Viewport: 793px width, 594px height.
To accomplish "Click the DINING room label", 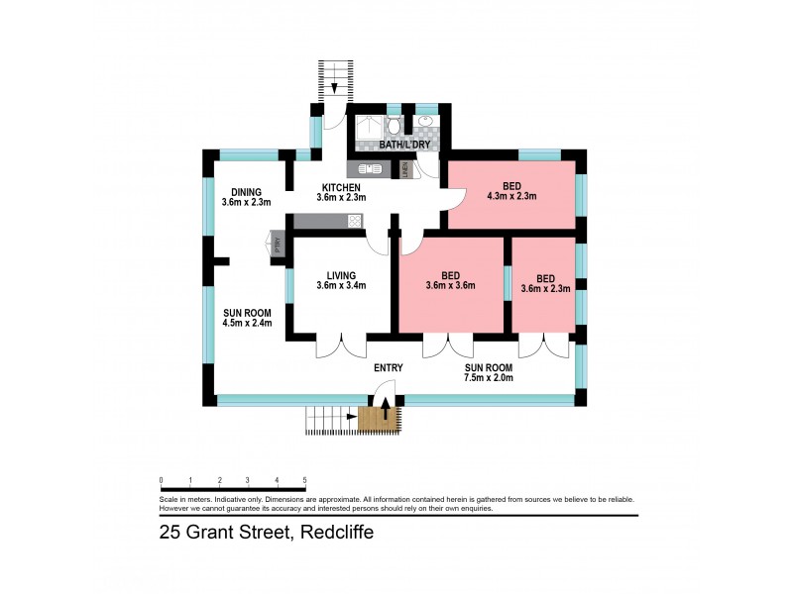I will click(245, 192).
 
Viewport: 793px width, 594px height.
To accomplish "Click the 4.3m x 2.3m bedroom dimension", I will click(511, 196).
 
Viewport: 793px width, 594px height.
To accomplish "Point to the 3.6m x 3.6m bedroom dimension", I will click(451, 286).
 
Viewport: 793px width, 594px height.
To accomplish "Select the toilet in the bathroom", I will click(395, 125).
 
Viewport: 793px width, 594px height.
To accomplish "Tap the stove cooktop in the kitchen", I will click(351, 223).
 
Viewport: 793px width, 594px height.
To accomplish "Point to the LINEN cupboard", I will click(404, 169).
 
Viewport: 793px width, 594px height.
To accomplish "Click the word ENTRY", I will click(388, 368).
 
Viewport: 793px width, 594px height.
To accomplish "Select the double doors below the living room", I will click(340, 347).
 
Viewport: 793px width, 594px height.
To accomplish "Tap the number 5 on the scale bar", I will click(304, 480).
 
